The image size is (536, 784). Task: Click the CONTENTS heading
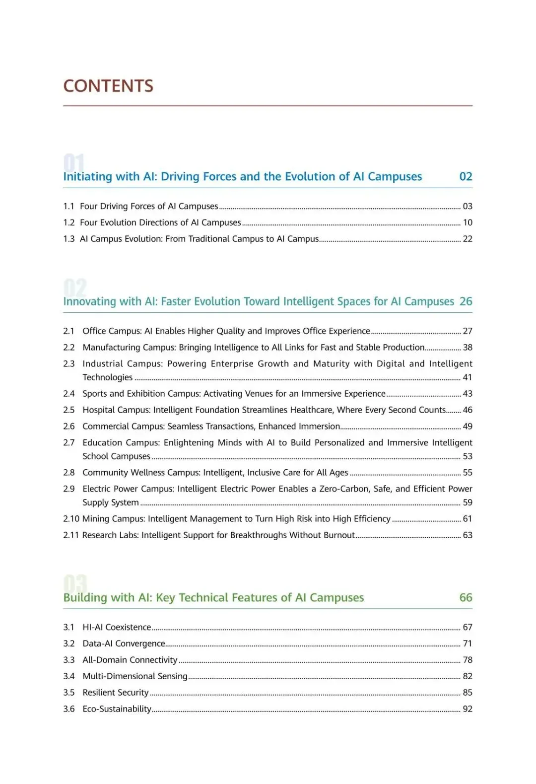108,86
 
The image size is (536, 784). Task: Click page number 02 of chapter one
466,177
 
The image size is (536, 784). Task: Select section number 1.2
68,222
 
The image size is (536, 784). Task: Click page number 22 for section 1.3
468,239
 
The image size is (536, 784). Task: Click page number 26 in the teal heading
466,301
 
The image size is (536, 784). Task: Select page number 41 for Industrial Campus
468,377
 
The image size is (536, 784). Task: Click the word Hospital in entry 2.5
98,410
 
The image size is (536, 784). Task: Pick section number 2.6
68,427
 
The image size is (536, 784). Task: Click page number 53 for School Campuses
468,456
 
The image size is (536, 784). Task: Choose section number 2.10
71,519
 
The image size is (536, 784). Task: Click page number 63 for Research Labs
468,535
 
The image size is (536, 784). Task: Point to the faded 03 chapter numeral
75,583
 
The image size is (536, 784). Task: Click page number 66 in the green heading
466,598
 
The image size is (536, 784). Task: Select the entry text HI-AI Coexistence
117,628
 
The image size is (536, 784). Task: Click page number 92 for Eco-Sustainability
468,709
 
